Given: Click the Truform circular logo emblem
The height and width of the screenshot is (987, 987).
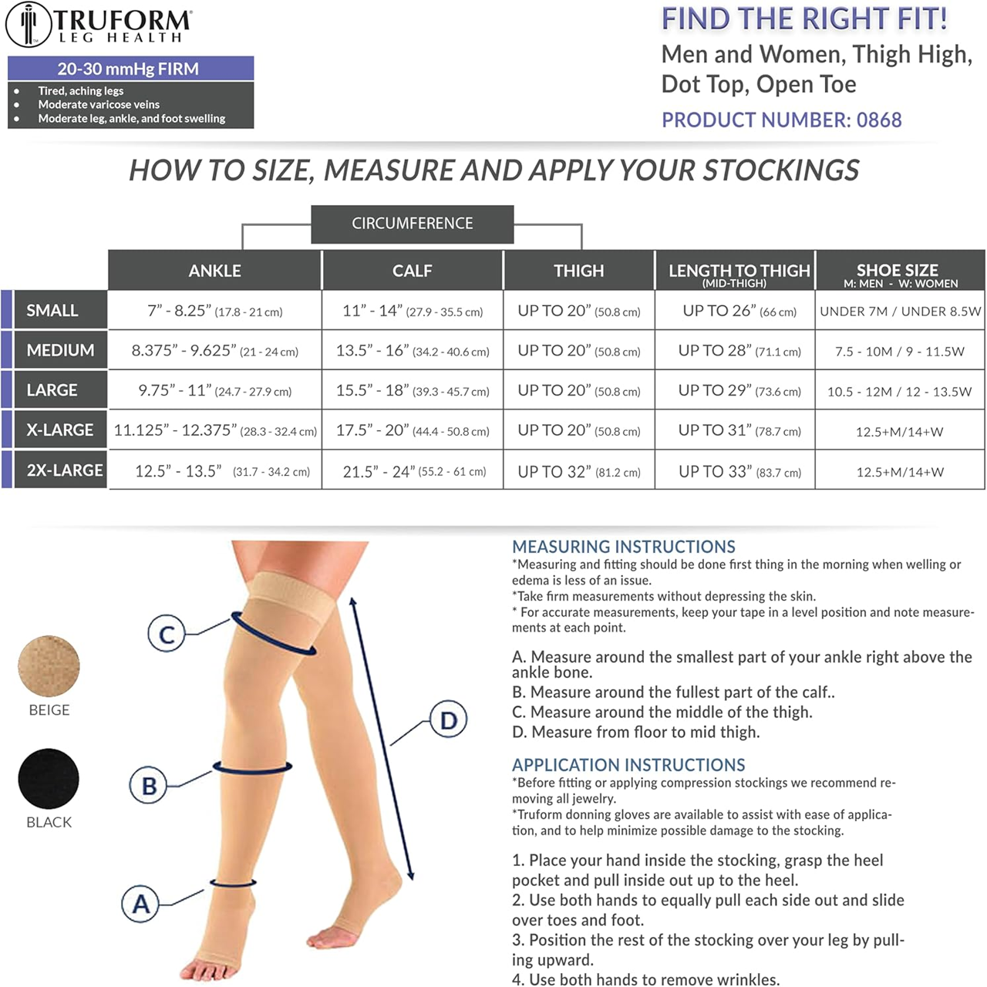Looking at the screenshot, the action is pyautogui.click(x=29, y=25).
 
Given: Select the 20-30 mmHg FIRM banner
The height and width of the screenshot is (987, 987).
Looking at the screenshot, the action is pyautogui.click(x=130, y=69).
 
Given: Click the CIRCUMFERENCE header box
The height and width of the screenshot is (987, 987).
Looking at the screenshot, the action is pyautogui.click(x=413, y=224).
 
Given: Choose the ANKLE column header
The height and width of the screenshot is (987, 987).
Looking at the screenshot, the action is pyautogui.click(x=214, y=271).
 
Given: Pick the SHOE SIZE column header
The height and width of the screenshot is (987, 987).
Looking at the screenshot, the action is pyautogui.click(x=900, y=271).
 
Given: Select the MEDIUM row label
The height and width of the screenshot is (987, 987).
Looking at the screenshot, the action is pyautogui.click(x=60, y=350).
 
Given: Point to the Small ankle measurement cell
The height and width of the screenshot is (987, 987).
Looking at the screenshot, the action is pyautogui.click(x=215, y=311).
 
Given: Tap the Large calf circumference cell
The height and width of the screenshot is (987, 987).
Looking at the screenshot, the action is pyautogui.click(x=413, y=390).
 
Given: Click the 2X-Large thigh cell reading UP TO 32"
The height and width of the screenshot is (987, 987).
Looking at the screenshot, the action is pyautogui.click(x=579, y=471).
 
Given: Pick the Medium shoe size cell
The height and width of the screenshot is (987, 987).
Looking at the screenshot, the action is pyautogui.click(x=900, y=351).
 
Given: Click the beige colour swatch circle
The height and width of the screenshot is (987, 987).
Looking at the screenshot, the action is pyautogui.click(x=49, y=666).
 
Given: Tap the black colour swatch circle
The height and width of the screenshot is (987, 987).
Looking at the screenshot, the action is pyautogui.click(x=49, y=779).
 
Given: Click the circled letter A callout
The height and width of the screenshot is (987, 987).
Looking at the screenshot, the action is pyautogui.click(x=140, y=904).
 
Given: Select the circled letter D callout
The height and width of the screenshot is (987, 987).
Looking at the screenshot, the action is pyautogui.click(x=448, y=719).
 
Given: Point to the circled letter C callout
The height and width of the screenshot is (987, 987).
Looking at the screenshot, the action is pyautogui.click(x=167, y=633).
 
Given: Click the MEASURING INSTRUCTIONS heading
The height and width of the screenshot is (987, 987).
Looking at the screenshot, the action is pyautogui.click(x=623, y=547).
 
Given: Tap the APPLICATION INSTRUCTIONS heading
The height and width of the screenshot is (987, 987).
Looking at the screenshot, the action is pyautogui.click(x=628, y=765).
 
